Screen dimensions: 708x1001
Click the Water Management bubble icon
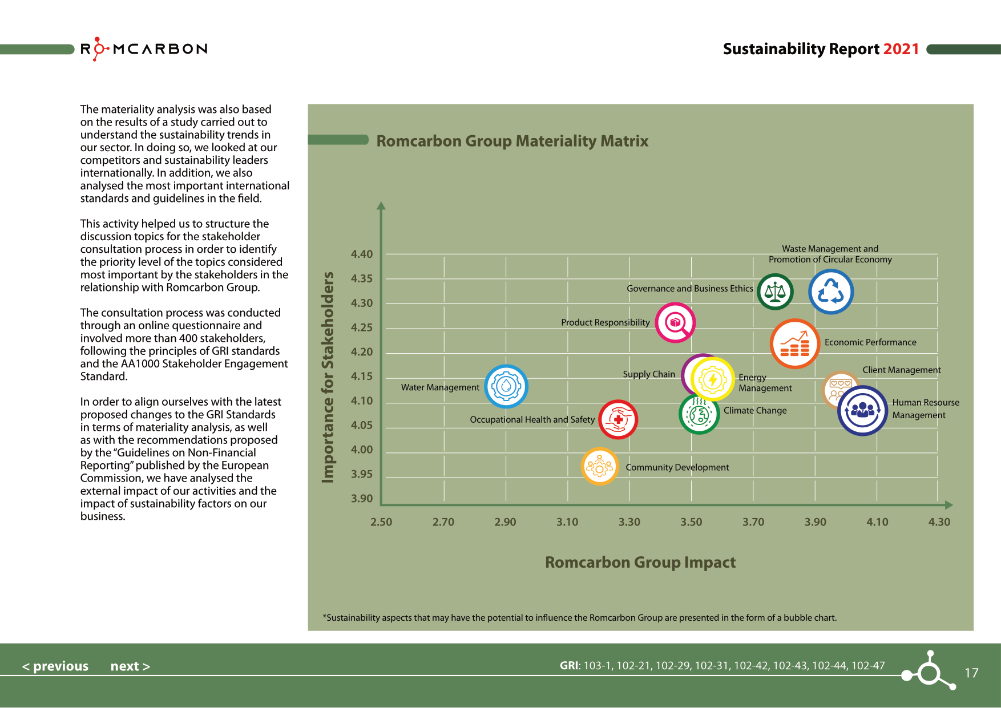(x=506, y=386)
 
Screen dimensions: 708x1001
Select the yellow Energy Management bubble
(x=712, y=379)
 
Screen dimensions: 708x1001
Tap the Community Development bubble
(x=599, y=467)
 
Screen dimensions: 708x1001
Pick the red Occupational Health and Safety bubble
(x=618, y=419)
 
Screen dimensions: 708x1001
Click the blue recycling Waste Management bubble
(x=830, y=292)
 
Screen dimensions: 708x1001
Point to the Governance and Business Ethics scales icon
(x=775, y=292)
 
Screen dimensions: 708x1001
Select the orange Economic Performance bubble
(x=794, y=343)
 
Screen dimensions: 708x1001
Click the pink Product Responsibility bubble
(x=675, y=322)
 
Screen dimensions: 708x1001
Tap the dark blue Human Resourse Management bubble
(x=862, y=411)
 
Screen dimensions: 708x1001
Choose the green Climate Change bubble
(x=699, y=415)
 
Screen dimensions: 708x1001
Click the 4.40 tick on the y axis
(x=362, y=254)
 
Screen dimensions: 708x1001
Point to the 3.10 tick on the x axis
(x=567, y=521)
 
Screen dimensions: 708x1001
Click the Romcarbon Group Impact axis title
(x=640, y=562)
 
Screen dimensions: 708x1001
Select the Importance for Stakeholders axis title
(x=328, y=377)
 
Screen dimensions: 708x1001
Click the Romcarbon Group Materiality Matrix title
(x=512, y=141)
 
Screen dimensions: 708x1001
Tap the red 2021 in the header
(x=901, y=49)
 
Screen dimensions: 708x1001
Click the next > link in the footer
(x=130, y=666)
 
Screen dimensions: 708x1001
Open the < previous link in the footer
(x=55, y=666)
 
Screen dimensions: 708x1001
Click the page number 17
(x=971, y=673)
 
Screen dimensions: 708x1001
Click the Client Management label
(x=901, y=370)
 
